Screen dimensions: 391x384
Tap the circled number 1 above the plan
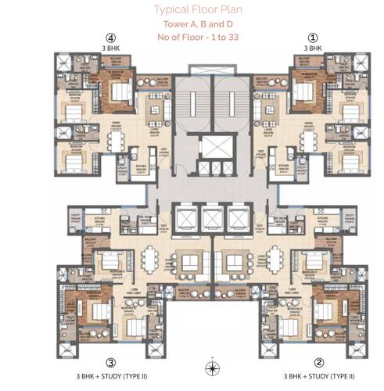pos(314,37)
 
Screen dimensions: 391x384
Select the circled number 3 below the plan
pos(111,362)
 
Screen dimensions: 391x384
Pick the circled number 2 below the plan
pos(318,362)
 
